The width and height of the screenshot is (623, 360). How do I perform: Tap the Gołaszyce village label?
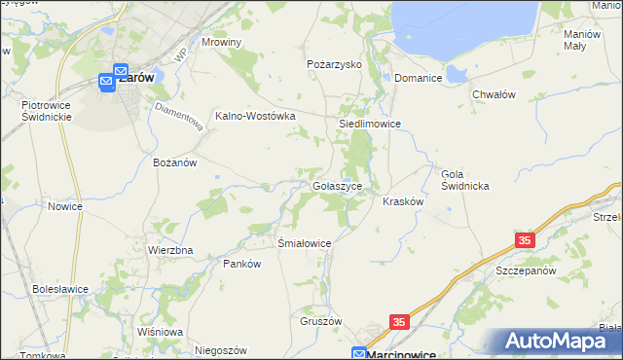click(338, 185)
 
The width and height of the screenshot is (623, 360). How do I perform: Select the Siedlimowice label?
click(370, 125)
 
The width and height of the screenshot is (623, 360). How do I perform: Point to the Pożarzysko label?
click(334, 63)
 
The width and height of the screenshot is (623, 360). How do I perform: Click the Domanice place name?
click(419, 78)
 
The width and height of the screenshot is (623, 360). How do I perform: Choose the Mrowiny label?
click(221, 43)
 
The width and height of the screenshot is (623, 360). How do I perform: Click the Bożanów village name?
click(175, 162)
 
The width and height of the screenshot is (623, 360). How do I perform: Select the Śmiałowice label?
click(306, 243)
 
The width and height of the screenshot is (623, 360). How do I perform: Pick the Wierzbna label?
click(170, 250)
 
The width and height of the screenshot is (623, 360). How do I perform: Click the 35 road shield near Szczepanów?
click(525, 240)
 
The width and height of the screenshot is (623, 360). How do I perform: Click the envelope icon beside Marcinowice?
click(359, 354)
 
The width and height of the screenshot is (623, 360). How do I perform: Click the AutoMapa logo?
click(560, 342)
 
